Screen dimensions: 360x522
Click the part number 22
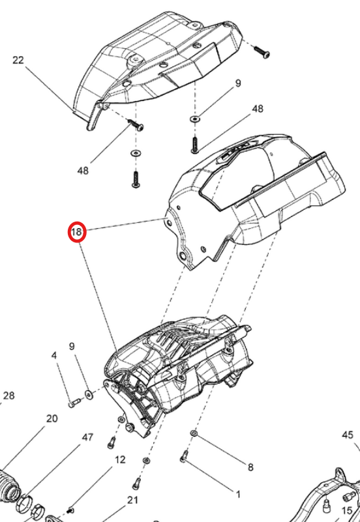click(x=18, y=61)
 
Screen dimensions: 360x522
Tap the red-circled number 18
click(x=77, y=232)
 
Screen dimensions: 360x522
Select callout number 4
click(x=54, y=356)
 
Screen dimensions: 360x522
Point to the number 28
click(x=9, y=396)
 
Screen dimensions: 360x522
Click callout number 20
click(x=52, y=418)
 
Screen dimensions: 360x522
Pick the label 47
click(x=87, y=437)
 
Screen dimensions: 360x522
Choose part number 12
click(x=120, y=460)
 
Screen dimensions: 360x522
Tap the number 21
click(x=132, y=500)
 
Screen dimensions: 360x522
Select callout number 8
click(x=250, y=467)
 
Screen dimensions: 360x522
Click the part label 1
click(x=238, y=495)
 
